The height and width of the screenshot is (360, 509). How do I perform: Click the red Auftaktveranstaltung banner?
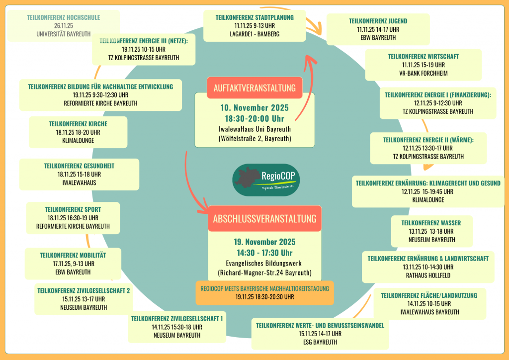tap(254, 88)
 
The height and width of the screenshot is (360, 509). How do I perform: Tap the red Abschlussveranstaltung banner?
tap(264, 219)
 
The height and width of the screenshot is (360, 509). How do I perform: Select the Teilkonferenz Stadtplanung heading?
tap(254, 17)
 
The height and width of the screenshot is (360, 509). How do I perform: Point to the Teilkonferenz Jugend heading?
tap(378, 21)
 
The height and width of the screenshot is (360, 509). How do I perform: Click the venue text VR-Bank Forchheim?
tap(424, 73)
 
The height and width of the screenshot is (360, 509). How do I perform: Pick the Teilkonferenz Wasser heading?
tap(431, 223)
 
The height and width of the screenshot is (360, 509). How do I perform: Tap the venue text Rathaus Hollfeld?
tap(428, 274)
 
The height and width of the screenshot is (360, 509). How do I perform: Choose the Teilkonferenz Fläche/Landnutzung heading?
tap(429, 295)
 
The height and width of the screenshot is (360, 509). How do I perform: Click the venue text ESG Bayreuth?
tap(320, 342)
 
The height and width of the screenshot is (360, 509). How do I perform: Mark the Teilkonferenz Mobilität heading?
tap(73, 255)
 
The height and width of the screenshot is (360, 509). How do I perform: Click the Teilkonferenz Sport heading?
tap(73, 210)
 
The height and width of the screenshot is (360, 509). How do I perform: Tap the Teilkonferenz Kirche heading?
tap(78, 124)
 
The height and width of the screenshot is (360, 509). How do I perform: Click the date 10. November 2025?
tap(254, 108)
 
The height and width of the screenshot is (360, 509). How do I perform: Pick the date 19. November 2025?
tap(264, 242)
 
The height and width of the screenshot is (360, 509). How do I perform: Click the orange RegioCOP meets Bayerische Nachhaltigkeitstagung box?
tap(264, 292)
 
